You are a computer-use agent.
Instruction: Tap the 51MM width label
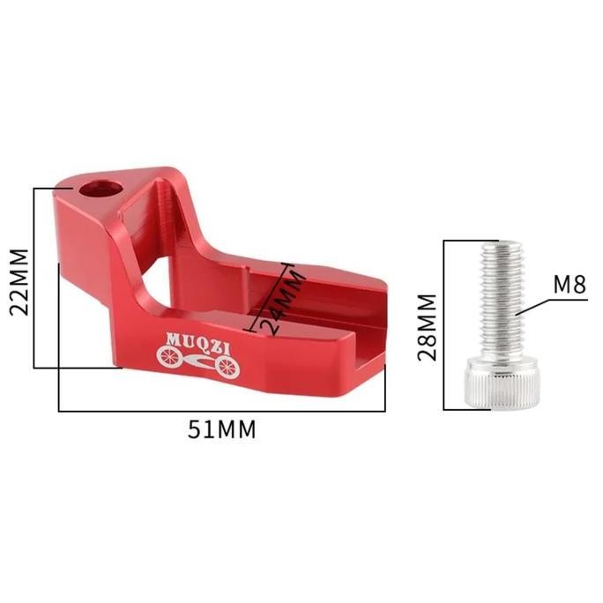coord(222,430)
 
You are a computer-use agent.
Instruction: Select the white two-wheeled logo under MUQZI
coord(197,361)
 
